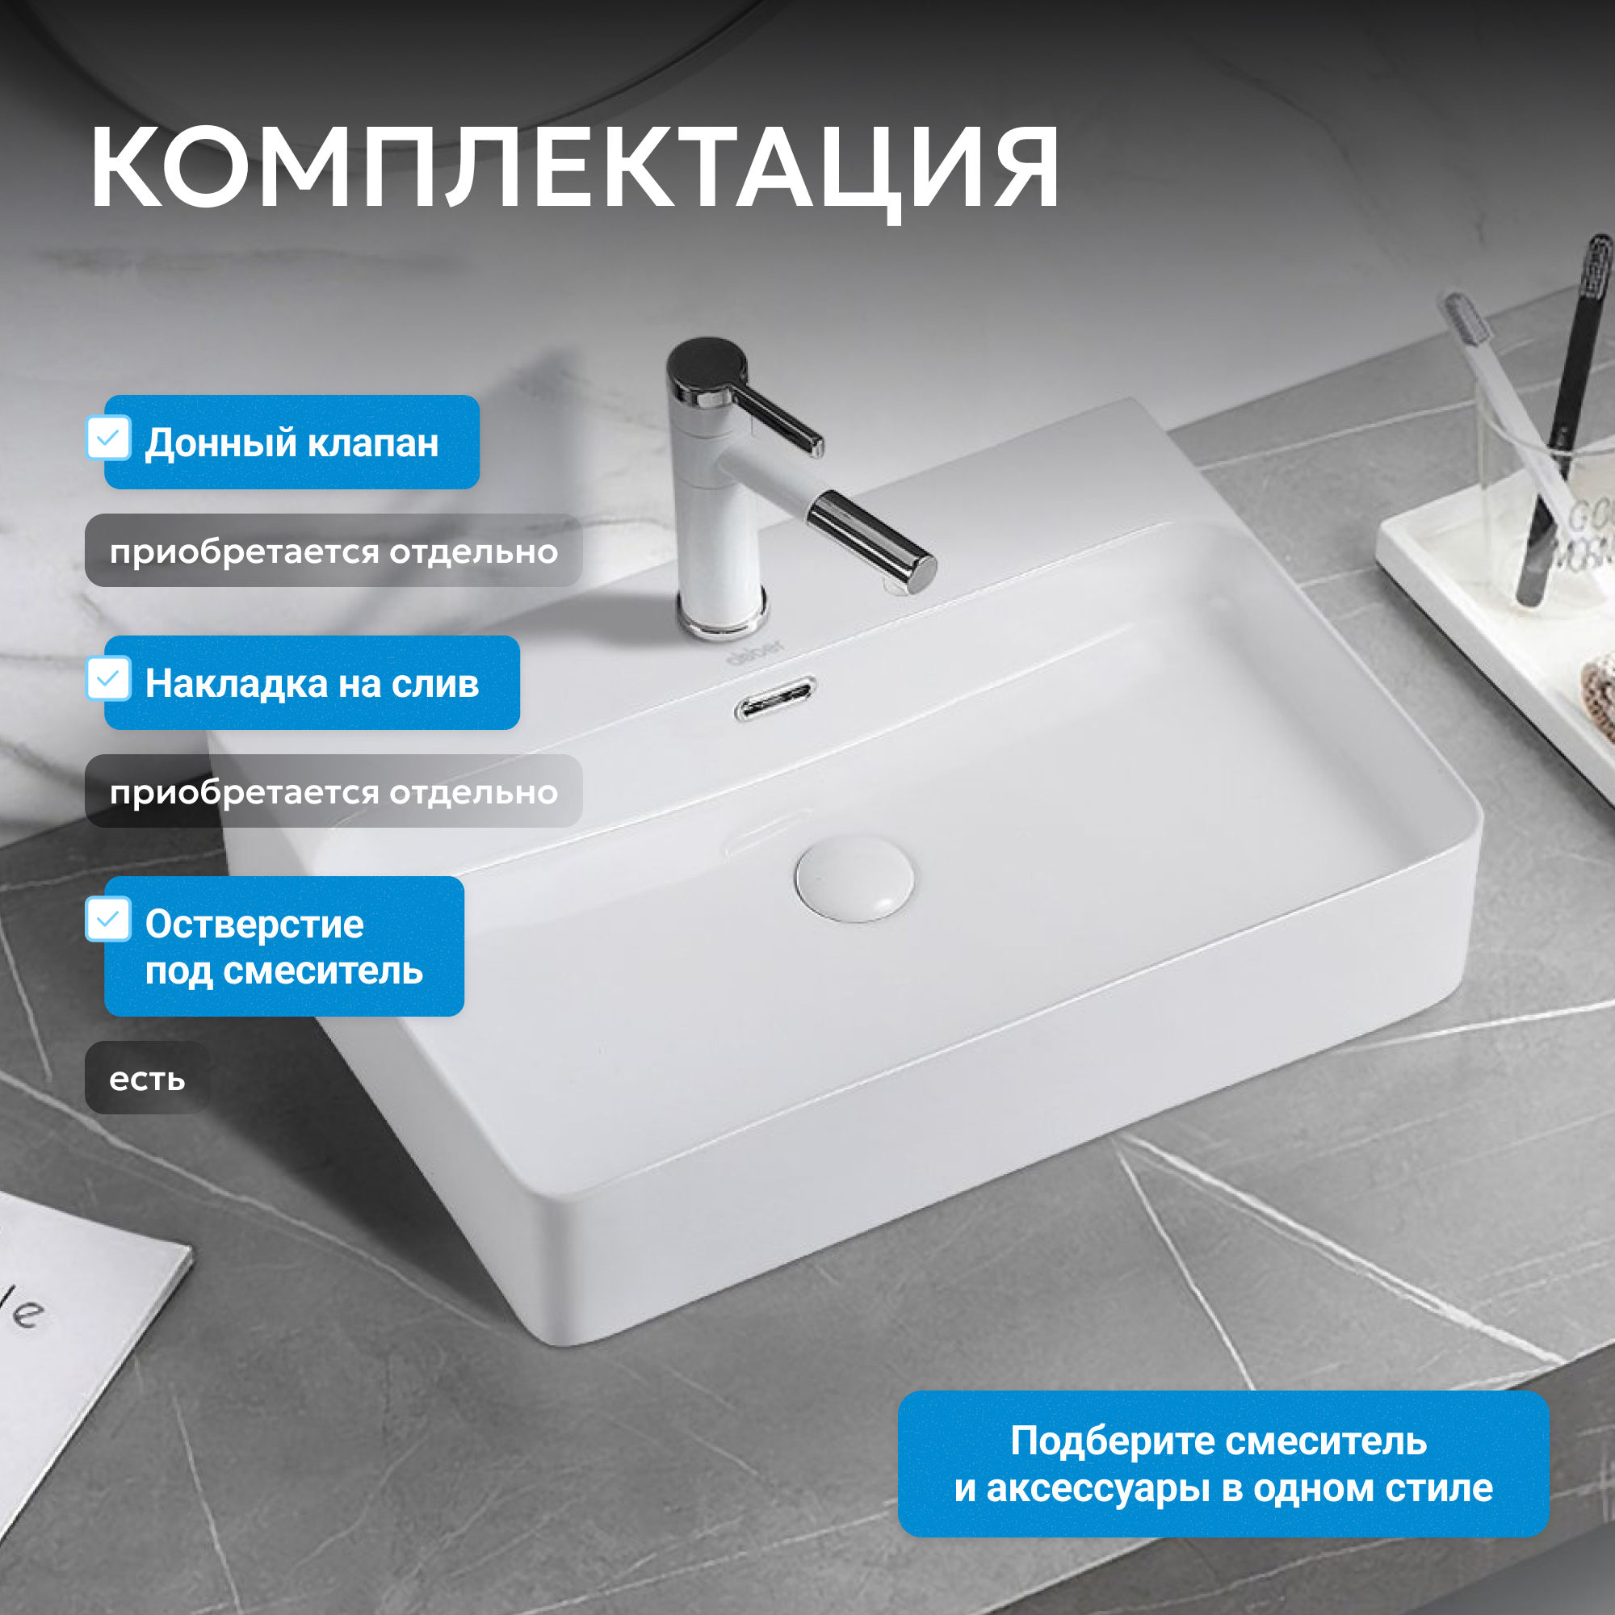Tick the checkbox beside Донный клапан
click(109, 437)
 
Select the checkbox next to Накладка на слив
click(109, 678)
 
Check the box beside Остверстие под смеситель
click(109, 919)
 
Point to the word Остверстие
click(254, 924)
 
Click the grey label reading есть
click(147, 1078)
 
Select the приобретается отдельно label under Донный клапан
click(333, 551)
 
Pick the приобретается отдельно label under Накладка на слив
click(333, 791)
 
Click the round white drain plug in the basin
click(854, 879)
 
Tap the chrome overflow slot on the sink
click(775, 698)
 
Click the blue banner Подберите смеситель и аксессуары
click(1223, 1464)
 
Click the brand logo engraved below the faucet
click(755, 652)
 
